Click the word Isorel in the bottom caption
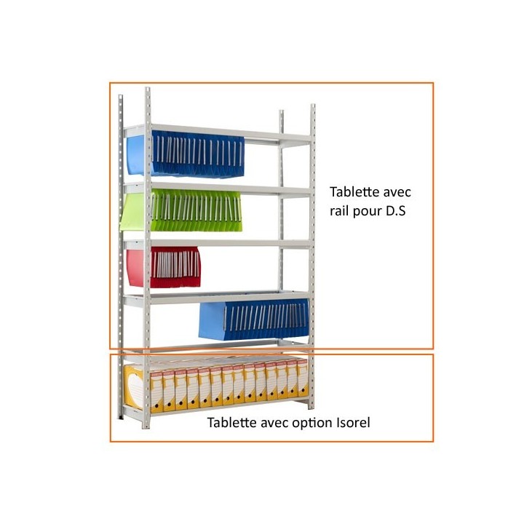point(352,422)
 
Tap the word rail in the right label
point(339,211)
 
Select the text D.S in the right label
point(396,211)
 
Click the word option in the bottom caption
point(311,424)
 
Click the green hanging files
point(180,210)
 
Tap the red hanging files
point(164,266)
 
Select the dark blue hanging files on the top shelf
point(198,154)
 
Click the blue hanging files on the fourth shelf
point(254,319)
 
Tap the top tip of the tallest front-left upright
point(147,88)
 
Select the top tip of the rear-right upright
point(282,111)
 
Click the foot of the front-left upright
point(146,426)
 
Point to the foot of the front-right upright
point(311,406)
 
